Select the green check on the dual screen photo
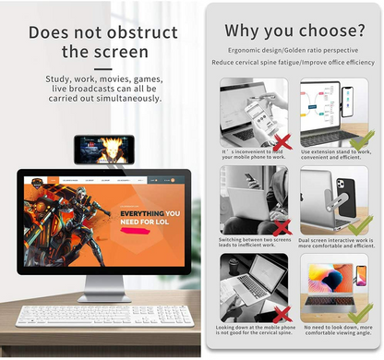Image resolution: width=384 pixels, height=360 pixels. [x=361, y=226]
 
